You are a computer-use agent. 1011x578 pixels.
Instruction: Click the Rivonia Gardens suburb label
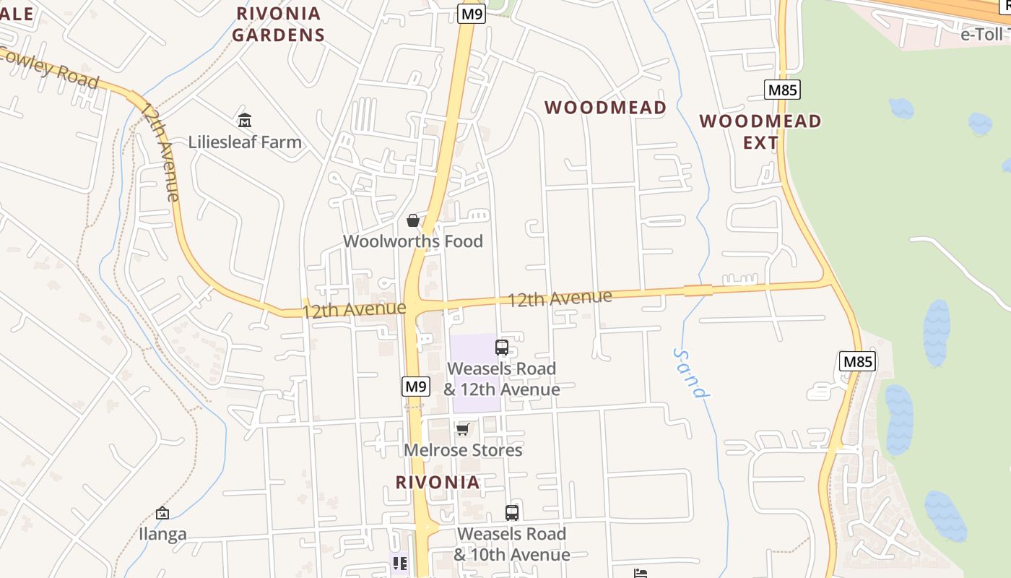[x=279, y=24]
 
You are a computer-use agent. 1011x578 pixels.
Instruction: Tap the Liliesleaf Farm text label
[x=245, y=142]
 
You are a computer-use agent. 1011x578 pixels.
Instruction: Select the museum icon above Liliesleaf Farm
[x=244, y=120]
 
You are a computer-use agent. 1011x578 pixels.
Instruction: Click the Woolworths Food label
[x=412, y=241]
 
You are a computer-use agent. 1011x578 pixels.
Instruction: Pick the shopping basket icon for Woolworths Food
[x=413, y=220]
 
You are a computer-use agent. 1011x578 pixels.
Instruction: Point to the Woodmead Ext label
[x=760, y=131]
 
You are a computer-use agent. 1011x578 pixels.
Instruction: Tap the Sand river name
[x=690, y=373]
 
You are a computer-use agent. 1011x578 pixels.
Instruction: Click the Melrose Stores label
[x=462, y=450]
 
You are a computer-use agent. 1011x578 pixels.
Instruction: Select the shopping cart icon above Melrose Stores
[x=463, y=430]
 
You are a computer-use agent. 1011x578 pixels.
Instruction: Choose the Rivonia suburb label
[x=438, y=483]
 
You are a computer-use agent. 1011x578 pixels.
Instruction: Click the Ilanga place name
[x=162, y=535]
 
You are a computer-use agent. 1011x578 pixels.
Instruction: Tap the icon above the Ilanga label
[x=162, y=514]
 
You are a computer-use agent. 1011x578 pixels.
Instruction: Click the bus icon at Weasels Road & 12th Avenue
[x=502, y=348]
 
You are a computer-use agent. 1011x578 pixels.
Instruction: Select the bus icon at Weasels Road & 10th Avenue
[x=512, y=513]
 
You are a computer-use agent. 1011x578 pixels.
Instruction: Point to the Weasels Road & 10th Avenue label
[x=511, y=545]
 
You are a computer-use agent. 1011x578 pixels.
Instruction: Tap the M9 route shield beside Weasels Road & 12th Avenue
[x=415, y=387]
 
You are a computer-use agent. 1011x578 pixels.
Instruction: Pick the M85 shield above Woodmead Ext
[x=782, y=90]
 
